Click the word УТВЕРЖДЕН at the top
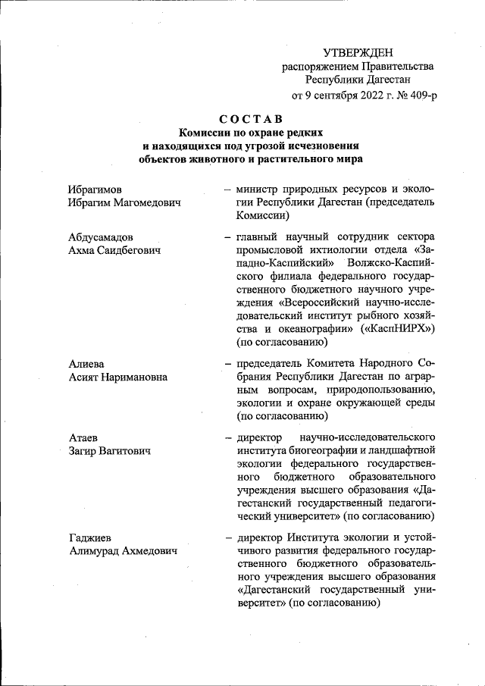tap(358, 52)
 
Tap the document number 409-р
tap(421, 96)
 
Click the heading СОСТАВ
tap(250, 119)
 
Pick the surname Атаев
tap(83, 438)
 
